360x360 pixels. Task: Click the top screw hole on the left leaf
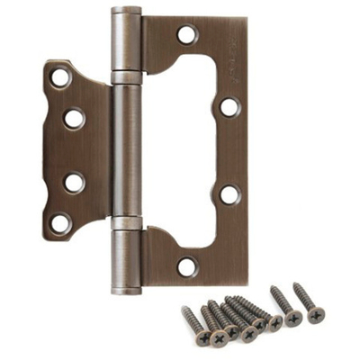[x=60, y=77]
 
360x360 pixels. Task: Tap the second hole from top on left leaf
[x=74, y=118]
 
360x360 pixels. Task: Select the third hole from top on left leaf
[x=74, y=181]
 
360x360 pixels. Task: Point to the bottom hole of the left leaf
[x=60, y=221]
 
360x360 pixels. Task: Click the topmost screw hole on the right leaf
[x=187, y=35]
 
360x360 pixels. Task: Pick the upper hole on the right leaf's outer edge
[x=229, y=107]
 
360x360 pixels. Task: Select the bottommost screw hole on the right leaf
[x=187, y=265]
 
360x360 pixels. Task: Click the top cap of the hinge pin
[x=126, y=13]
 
